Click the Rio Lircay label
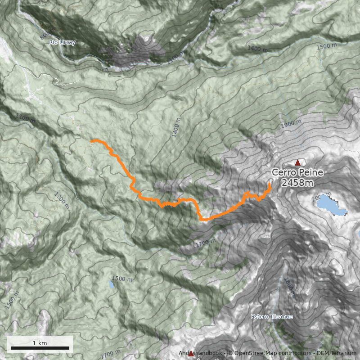(62, 43)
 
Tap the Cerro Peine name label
(297, 173)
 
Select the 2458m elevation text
(297, 182)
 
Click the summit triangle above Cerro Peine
(297, 162)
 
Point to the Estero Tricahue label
(272, 317)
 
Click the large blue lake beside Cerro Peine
(331, 205)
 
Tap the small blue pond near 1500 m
(111, 285)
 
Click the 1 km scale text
(40, 343)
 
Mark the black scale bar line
(40, 348)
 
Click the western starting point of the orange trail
(91, 141)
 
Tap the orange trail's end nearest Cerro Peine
(270, 184)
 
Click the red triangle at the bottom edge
(191, 354)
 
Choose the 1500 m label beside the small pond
(122, 279)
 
